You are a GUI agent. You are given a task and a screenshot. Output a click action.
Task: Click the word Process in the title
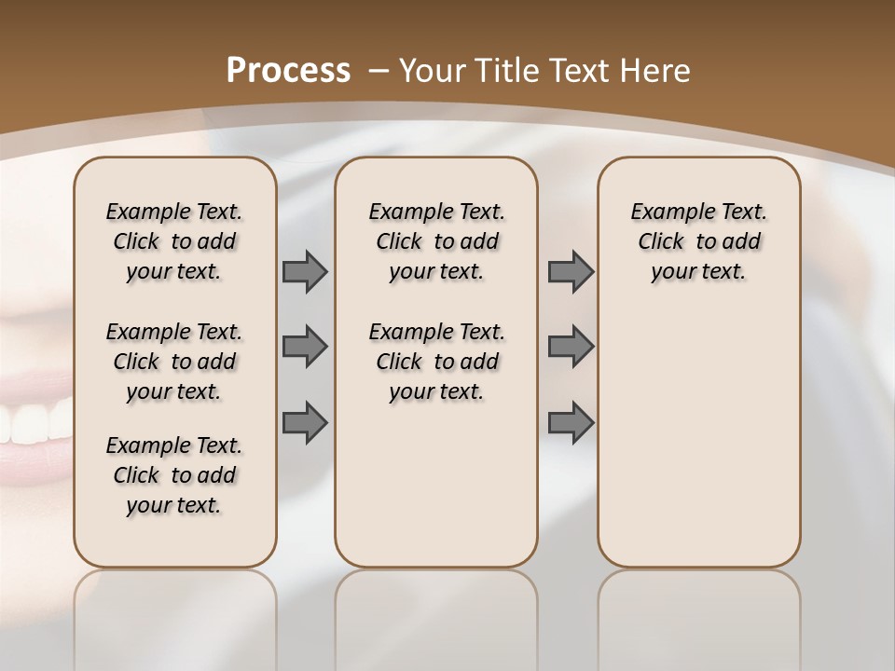pyautogui.click(x=289, y=70)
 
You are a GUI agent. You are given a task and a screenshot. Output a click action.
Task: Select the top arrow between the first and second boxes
pyautogui.click(x=305, y=271)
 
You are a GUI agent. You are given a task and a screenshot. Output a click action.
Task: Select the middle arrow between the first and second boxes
pyautogui.click(x=305, y=347)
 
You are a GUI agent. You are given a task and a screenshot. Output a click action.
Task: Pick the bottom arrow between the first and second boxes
pyautogui.click(x=305, y=423)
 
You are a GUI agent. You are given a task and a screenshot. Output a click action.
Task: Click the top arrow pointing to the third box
pyautogui.click(x=571, y=271)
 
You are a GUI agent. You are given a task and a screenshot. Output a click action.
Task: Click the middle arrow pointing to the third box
pyautogui.click(x=571, y=347)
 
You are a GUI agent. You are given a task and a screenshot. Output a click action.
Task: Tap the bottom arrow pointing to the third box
pyautogui.click(x=571, y=423)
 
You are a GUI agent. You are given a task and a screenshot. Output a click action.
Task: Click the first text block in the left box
pyautogui.click(x=174, y=241)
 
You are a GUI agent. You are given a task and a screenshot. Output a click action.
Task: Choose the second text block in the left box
pyautogui.click(x=174, y=362)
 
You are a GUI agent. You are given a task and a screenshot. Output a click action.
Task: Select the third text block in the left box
pyautogui.click(x=174, y=475)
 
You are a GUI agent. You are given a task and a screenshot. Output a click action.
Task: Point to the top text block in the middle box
pyautogui.click(x=436, y=241)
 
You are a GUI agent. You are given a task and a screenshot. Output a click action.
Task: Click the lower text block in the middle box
pyautogui.click(x=436, y=362)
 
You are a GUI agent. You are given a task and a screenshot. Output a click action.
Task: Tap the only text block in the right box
pyautogui.click(x=698, y=241)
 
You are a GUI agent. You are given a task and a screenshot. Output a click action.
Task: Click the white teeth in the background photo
pyautogui.click(x=33, y=424)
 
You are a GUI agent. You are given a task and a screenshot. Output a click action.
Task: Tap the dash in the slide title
pyautogui.click(x=378, y=70)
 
